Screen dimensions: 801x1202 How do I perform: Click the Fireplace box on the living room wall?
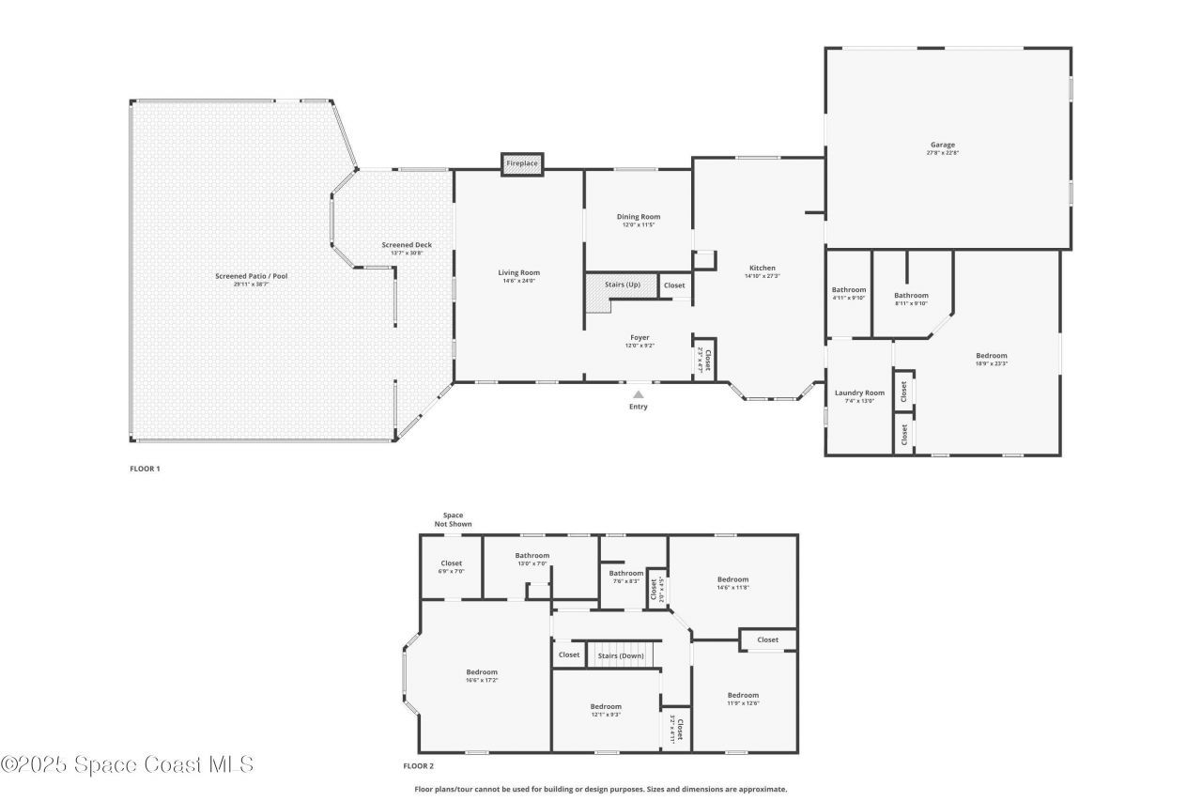click(x=522, y=164)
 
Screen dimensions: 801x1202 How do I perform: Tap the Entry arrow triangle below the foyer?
click(x=639, y=395)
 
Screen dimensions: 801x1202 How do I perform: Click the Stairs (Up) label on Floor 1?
click(x=623, y=284)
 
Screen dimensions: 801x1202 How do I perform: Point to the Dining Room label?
click(x=639, y=217)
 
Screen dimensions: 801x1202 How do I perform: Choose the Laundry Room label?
click(x=859, y=393)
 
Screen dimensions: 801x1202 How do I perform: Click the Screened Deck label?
click(x=407, y=245)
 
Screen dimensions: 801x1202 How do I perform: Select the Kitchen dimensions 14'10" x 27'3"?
click(x=762, y=276)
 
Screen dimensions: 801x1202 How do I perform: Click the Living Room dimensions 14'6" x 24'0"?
click(x=518, y=281)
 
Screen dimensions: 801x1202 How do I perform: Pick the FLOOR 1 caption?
click(x=145, y=469)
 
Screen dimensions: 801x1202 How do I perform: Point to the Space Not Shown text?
click(x=453, y=519)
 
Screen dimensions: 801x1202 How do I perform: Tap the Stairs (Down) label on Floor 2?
click(x=621, y=655)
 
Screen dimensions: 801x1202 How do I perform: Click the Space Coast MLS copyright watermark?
click(x=127, y=764)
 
